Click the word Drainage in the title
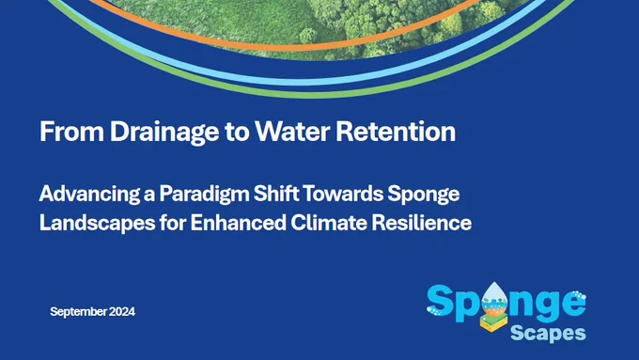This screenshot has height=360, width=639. pyautogui.click(x=164, y=133)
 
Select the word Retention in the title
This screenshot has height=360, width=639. pyautogui.click(x=396, y=132)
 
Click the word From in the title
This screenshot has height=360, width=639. pyautogui.click(x=71, y=132)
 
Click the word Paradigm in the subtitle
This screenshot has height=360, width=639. pyautogui.click(x=204, y=195)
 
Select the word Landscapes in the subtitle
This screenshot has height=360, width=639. pyautogui.click(x=98, y=224)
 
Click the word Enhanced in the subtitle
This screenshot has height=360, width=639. pyautogui.click(x=238, y=223)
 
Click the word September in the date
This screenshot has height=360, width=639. pyautogui.click(x=78, y=312)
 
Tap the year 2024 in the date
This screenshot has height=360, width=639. pyautogui.click(x=122, y=312)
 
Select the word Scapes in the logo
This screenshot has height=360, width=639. pyautogui.click(x=548, y=333)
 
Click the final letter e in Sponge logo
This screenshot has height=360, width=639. pyautogui.click(x=572, y=304)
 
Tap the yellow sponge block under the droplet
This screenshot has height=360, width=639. pyautogui.click(x=493, y=322)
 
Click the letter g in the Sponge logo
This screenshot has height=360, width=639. pyautogui.click(x=546, y=307)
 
